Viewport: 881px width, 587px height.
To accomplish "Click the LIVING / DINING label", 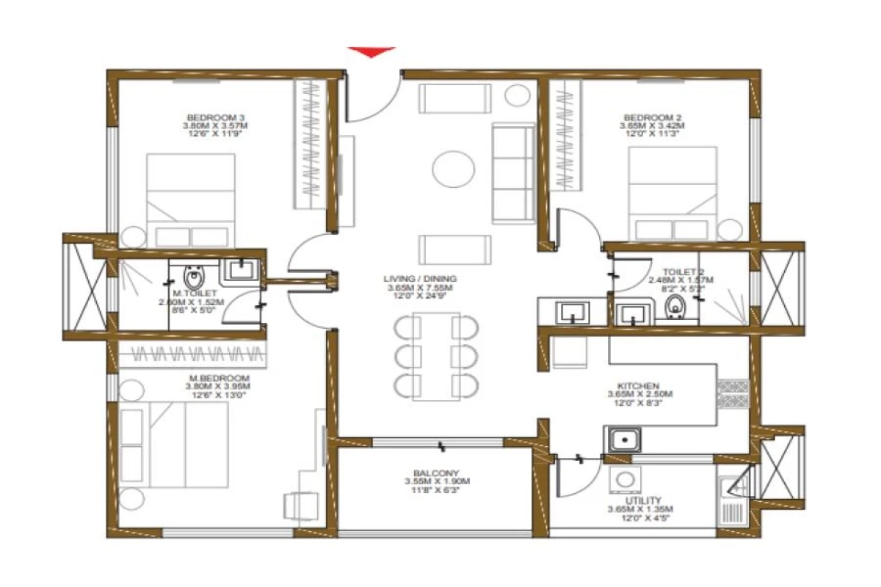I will (x=420, y=279).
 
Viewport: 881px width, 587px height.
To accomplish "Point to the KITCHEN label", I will (x=637, y=385).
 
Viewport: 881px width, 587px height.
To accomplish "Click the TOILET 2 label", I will (x=667, y=271).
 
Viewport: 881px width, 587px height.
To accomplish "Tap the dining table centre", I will (x=436, y=357).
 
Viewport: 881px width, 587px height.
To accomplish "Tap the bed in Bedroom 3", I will (x=191, y=200).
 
